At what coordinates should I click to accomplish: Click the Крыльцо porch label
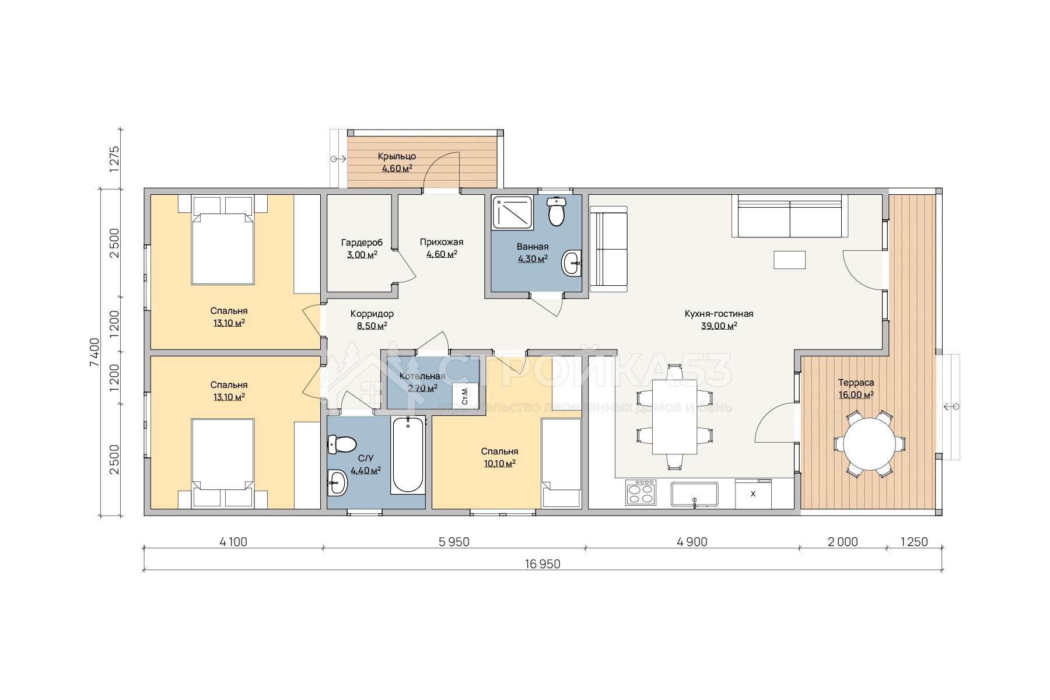pyautogui.click(x=397, y=156)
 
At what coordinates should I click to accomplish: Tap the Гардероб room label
pyautogui.click(x=362, y=243)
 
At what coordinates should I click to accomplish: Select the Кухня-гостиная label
pyautogui.click(x=719, y=314)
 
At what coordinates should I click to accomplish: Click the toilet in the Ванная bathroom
pyautogui.click(x=557, y=211)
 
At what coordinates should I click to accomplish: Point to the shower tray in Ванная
pyautogui.click(x=513, y=212)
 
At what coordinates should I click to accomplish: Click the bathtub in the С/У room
pyautogui.click(x=408, y=455)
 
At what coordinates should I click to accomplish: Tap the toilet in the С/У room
pyautogui.click(x=342, y=444)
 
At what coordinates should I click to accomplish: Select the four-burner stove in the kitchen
pyautogui.click(x=641, y=492)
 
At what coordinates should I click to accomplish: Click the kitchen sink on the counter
pyautogui.click(x=694, y=494)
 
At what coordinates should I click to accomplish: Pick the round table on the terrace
pyautogui.click(x=869, y=444)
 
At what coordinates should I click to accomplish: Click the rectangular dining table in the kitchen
pyautogui.click(x=674, y=416)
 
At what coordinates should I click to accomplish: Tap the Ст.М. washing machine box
pyautogui.click(x=466, y=396)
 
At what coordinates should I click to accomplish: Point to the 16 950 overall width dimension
pyautogui.click(x=542, y=564)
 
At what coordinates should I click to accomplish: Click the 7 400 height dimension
pyautogui.click(x=94, y=352)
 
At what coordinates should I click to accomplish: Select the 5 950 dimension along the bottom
pyautogui.click(x=454, y=542)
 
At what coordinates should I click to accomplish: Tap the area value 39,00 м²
pyautogui.click(x=719, y=326)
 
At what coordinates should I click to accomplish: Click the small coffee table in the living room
pyautogui.click(x=790, y=260)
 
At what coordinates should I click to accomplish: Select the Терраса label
pyautogui.click(x=856, y=383)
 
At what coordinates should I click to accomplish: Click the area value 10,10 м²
pyautogui.click(x=499, y=464)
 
